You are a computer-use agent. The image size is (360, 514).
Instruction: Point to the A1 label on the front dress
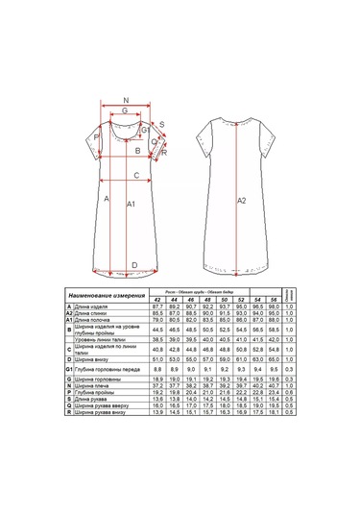click(x=132, y=204)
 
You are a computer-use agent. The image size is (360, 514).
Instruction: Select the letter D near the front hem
click(x=133, y=264)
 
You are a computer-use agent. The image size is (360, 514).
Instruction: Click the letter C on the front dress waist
click(x=138, y=175)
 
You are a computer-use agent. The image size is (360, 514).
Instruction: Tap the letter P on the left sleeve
click(x=96, y=137)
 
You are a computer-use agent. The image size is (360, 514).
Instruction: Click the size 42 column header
click(x=158, y=300)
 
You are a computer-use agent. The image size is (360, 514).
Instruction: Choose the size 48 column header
click(x=207, y=300)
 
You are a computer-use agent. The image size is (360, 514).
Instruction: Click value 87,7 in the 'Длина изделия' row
click(x=158, y=306)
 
